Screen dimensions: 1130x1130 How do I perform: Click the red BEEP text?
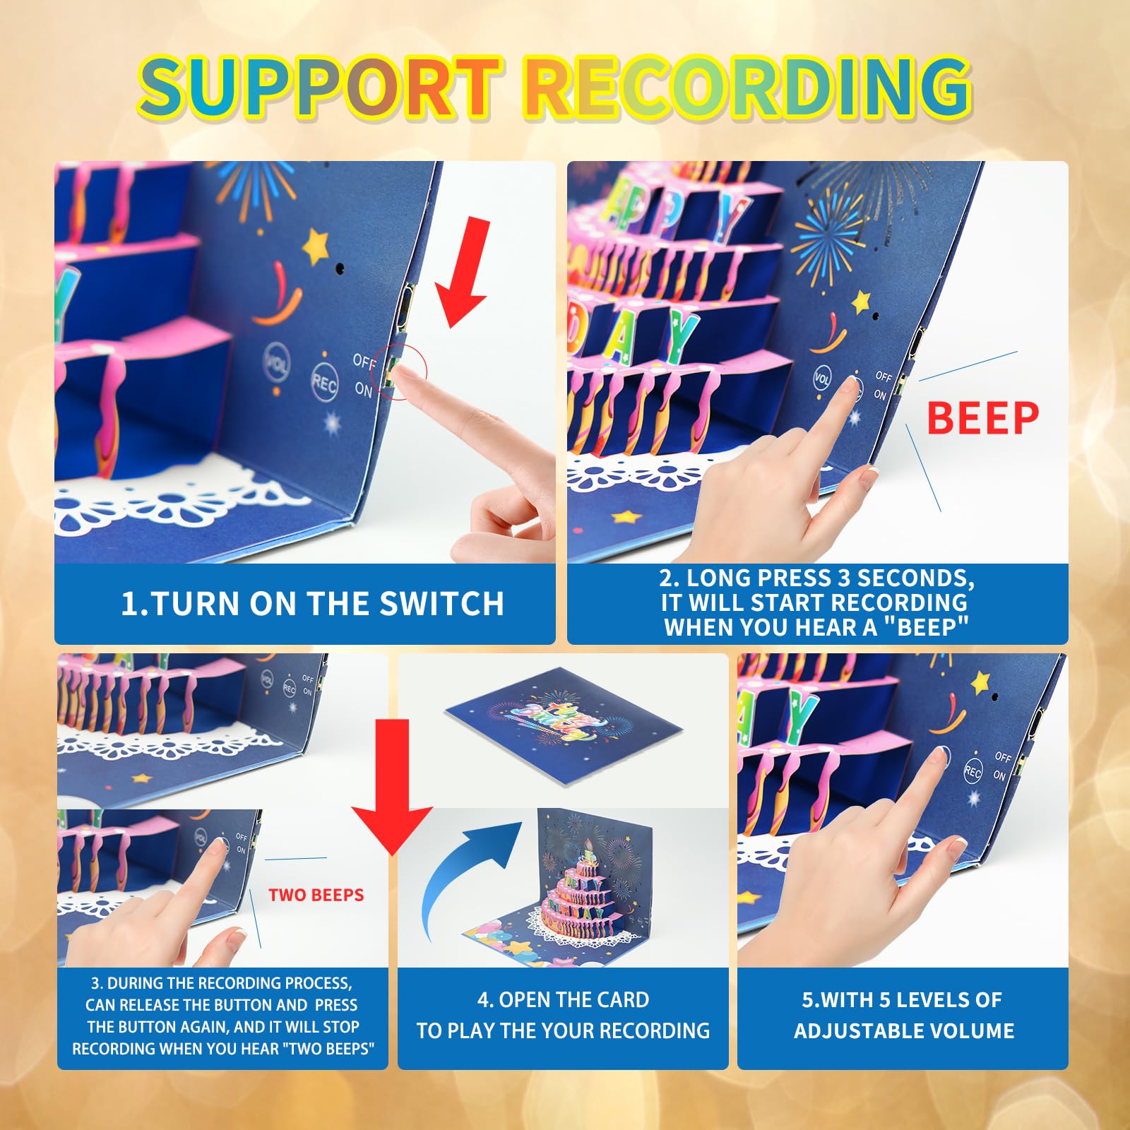click(982, 417)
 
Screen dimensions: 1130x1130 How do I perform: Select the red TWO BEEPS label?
click(316, 895)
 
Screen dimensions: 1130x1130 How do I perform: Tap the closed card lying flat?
click(563, 725)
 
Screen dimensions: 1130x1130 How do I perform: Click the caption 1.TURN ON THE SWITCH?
click(312, 604)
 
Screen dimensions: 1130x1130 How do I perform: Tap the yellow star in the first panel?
click(316, 244)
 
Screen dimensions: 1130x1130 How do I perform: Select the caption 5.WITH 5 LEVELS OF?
click(902, 1000)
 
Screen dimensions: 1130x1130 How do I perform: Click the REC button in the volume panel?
click(973, 772)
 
